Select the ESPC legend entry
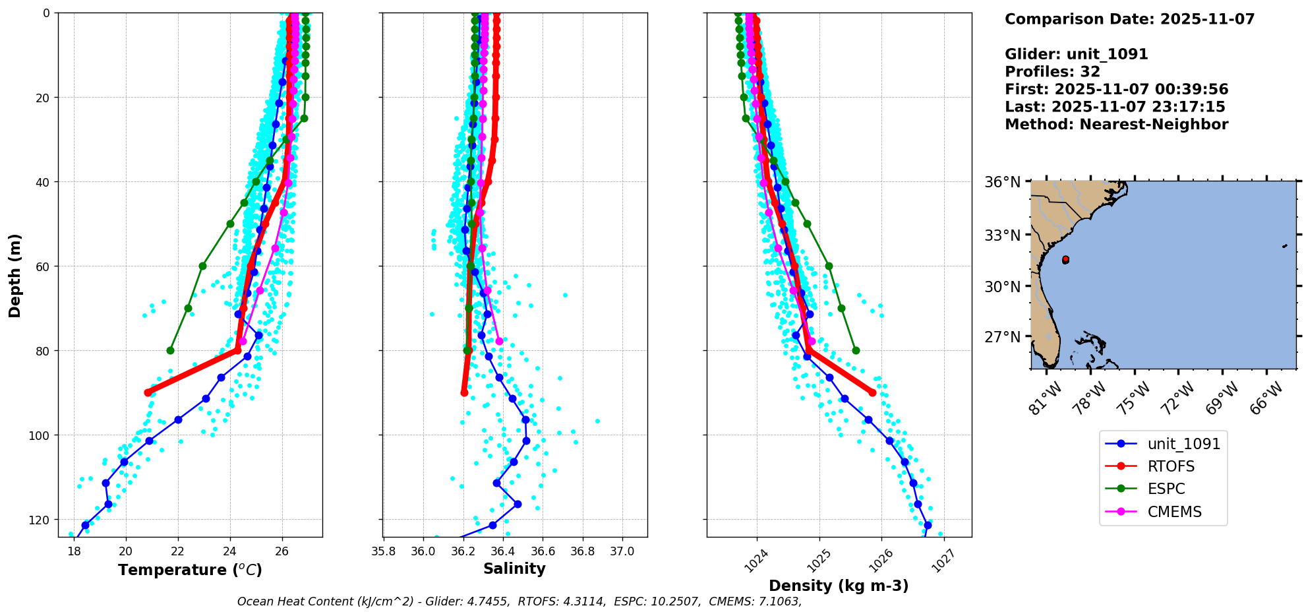click(1166, 489)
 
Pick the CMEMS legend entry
click(1174, 512)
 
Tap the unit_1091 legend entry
click(1183, 444)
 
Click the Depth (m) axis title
click(15, 275)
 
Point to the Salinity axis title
click(514, 569)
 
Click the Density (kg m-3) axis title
click(839, 586)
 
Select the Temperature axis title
click(190, 570)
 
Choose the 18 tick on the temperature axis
click(74, 551)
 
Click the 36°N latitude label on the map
click(1002, 182)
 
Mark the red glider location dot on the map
click(1065, 260)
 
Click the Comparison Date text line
click(1129, 19)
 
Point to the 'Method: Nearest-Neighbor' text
click(1116, 125)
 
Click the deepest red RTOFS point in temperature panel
click(147, 392)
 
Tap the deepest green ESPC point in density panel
click(856, 350)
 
